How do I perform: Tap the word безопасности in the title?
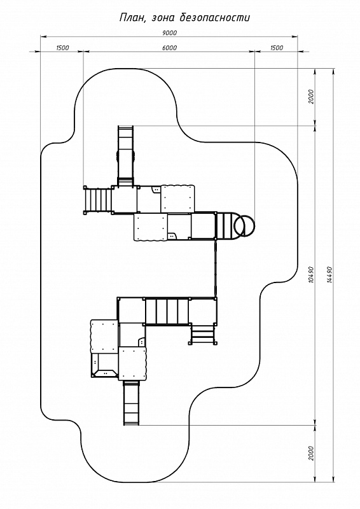[x=215, y=17]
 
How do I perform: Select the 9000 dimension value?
[x=169, y=33]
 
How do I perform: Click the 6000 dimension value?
[x=169, y=48]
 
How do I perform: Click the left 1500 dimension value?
[x=62, y=48]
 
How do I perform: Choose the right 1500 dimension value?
[x=276, y=48]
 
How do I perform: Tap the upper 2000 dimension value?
[x=311, y=97]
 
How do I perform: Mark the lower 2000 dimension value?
[x=311, y=453]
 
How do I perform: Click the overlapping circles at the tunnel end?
[x=244, y=225]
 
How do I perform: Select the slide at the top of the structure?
[x=125, y=156]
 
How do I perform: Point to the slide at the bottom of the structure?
[x=132, y=403]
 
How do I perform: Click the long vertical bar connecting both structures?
[x=215, y=268]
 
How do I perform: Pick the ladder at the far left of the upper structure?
[x=98, y=200]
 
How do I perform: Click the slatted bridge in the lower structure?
[x=167, y=311]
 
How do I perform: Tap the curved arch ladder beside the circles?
[x=227, y=225]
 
